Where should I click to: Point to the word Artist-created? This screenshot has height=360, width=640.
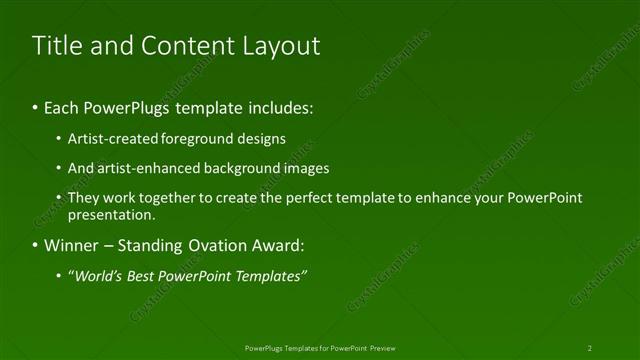[x=112, y=138]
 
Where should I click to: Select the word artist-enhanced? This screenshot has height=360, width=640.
[x=146, y=168]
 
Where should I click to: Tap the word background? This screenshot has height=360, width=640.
[x=245, y=168]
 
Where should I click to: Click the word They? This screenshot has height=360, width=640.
[x=83, y=198]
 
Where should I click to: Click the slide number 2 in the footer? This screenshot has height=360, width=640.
[x=590, y=348]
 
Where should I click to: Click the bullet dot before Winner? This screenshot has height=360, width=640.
[x=35, y=245]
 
